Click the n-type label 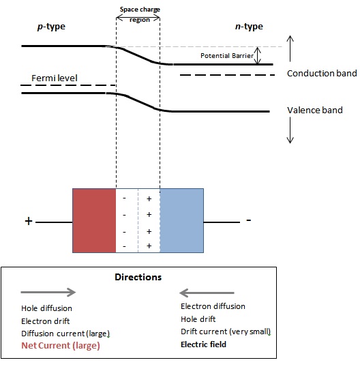coord(248,27)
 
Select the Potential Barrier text coord(227,55)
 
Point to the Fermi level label coord(57,78)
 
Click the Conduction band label coord(322,74)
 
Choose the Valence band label coord(315,110)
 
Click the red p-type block coord(95,220)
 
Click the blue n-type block coord(181,220)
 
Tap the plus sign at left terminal coord(29,222)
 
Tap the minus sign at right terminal coord(249,220)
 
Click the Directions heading coord(138,278)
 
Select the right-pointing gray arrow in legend coord(48,292)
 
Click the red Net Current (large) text coord(60,345)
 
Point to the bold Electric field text coord(203,344)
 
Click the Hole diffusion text coord(46,308)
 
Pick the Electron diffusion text coord(213,306)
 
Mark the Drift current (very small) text coord(226,332)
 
